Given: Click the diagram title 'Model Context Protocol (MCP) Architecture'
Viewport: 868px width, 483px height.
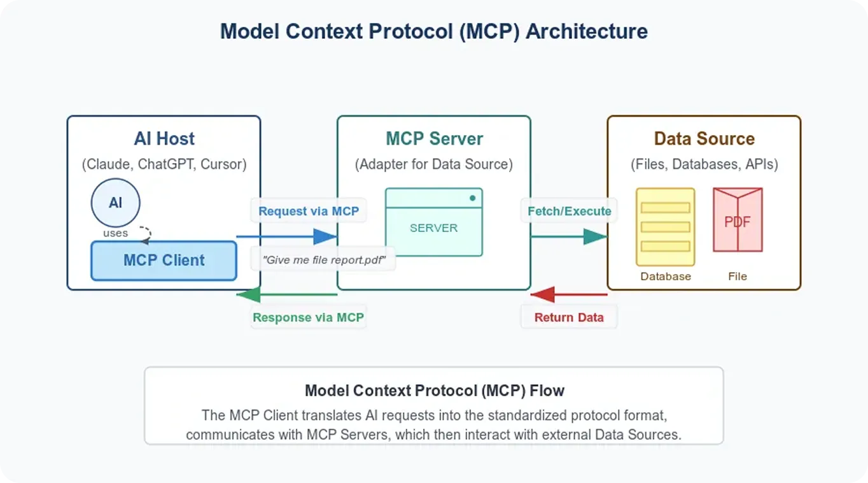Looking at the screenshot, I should tap(434, 31).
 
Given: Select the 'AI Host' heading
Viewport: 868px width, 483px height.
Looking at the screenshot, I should tap(164, 139).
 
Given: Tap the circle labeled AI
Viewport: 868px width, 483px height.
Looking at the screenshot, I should tap(115, 203).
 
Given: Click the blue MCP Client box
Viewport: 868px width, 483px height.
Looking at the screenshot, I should tap(164, 261).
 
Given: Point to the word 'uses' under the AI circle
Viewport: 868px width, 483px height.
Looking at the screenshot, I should tap(115, 233).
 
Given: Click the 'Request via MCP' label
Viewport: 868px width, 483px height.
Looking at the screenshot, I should tap(309, 211).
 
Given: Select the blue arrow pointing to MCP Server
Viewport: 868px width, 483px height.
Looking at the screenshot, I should tap(286, 237).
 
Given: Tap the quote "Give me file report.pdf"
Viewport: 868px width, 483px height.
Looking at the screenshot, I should tap(324, 260).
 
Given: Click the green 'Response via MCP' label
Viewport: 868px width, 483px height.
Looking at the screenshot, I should tap(309, 317).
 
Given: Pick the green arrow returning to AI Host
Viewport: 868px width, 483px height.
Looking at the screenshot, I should tap(286, 294).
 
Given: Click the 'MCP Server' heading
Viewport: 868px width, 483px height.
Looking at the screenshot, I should tap(434, 139).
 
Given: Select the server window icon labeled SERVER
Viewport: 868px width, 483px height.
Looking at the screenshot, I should tap(434, 222).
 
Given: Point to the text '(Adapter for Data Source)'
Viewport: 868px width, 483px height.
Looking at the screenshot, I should tap(434, 164).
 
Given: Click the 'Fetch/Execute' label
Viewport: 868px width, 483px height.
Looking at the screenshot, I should tap(569, 211).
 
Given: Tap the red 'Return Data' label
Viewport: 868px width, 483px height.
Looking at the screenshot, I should tap(569, 317).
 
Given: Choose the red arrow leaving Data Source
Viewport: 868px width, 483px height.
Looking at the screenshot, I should tap(569, 294).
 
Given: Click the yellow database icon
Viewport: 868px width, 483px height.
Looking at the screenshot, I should tap(665, 227).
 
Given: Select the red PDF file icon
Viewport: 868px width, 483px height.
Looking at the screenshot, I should tap(738, 220).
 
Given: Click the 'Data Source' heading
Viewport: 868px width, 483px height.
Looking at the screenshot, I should tap(704, 139).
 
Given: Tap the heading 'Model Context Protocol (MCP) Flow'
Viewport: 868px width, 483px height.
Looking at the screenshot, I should tap(434, 390).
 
